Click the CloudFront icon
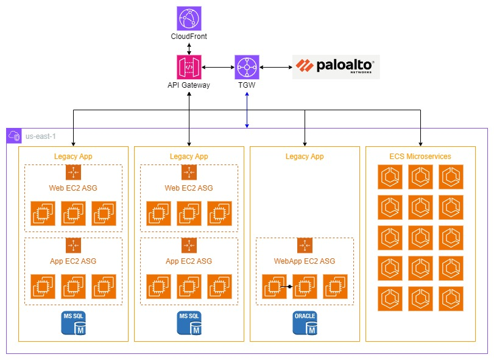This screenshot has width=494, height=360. pos(189,18)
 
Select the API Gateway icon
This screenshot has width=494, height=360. pos(189,66)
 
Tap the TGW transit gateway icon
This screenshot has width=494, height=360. pos(247,66)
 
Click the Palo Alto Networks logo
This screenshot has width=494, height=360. pos(336,66)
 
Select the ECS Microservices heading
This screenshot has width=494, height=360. pos(420,157)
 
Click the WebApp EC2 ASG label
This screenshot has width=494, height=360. pos(305,261)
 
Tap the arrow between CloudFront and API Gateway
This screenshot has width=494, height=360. pos(189,48)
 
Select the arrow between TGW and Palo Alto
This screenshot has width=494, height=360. pos(276,66)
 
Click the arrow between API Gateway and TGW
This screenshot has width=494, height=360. pos(218,66)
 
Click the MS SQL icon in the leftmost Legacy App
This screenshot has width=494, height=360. pos(73,323)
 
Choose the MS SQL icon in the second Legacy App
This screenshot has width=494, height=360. pos(189,323)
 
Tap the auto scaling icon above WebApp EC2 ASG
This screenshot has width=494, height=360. pos(305,245)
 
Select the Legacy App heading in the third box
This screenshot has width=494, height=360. pos(305,157)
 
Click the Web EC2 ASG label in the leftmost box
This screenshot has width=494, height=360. pos(73,188)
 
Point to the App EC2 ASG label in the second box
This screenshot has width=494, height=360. pos(189,261)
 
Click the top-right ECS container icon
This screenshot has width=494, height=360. pos(451,177)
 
